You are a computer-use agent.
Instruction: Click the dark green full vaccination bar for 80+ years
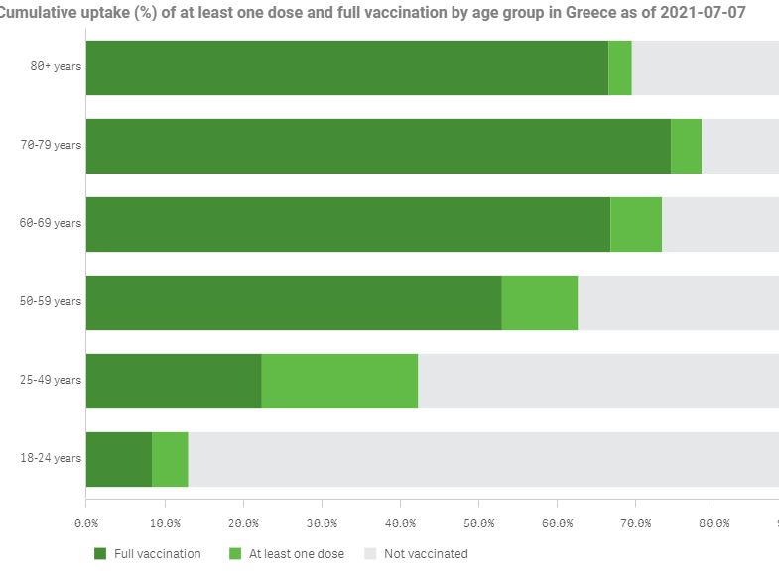point(346,67)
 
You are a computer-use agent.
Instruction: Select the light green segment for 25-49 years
point(339,381)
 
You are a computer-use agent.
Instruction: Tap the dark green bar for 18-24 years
point(119,459)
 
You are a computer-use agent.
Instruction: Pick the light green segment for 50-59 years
point(539,302)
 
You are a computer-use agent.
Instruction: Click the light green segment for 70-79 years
point(686,146)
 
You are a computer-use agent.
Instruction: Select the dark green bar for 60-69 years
point(347,224)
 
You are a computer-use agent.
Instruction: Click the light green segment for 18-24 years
point(170,459)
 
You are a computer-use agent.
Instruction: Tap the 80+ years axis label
point(56,66)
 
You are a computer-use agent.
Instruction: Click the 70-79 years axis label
point(52,145)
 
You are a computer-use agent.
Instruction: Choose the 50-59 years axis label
point(52,301)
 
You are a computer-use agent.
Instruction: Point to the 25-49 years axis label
point(52,380)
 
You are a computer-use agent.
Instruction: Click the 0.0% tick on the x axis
point(86,522)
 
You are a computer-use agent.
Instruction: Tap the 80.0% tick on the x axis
point(714,522)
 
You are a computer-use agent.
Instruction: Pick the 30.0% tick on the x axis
point(322,522)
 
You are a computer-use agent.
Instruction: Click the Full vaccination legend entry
point(157,554)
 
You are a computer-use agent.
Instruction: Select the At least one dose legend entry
point(296,554)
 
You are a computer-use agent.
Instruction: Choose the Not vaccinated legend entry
point(425,554)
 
